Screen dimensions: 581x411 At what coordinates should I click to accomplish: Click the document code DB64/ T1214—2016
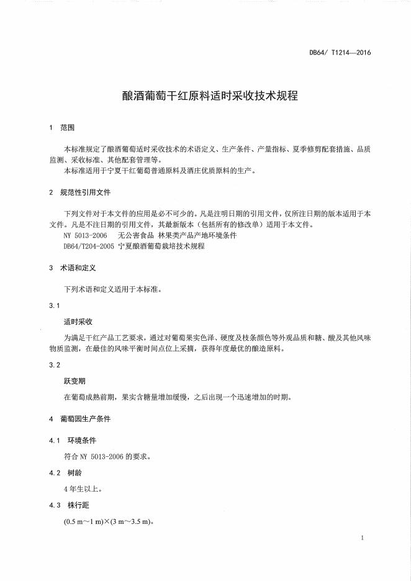coord(340,53)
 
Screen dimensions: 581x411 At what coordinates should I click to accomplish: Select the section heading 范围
coord(67,127)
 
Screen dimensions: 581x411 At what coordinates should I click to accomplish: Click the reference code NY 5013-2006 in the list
coord(86,236)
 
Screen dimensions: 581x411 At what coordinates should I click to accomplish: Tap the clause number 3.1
coord(54,305)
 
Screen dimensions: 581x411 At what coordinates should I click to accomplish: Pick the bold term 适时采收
coord(78,322)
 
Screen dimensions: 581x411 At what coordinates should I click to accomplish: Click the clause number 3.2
coord(54,365)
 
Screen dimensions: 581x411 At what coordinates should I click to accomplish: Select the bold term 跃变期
coord(75,382)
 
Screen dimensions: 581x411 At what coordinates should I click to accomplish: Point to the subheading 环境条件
coord(82,440)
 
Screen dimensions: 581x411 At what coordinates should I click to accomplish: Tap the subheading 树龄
coord(75,473)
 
